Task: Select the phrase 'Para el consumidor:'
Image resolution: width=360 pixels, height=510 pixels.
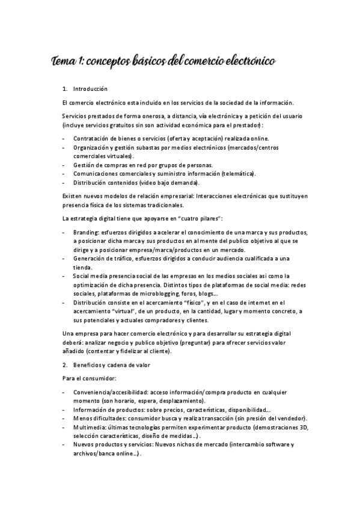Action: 89,379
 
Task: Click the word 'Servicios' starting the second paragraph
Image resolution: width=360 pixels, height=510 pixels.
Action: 75,115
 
